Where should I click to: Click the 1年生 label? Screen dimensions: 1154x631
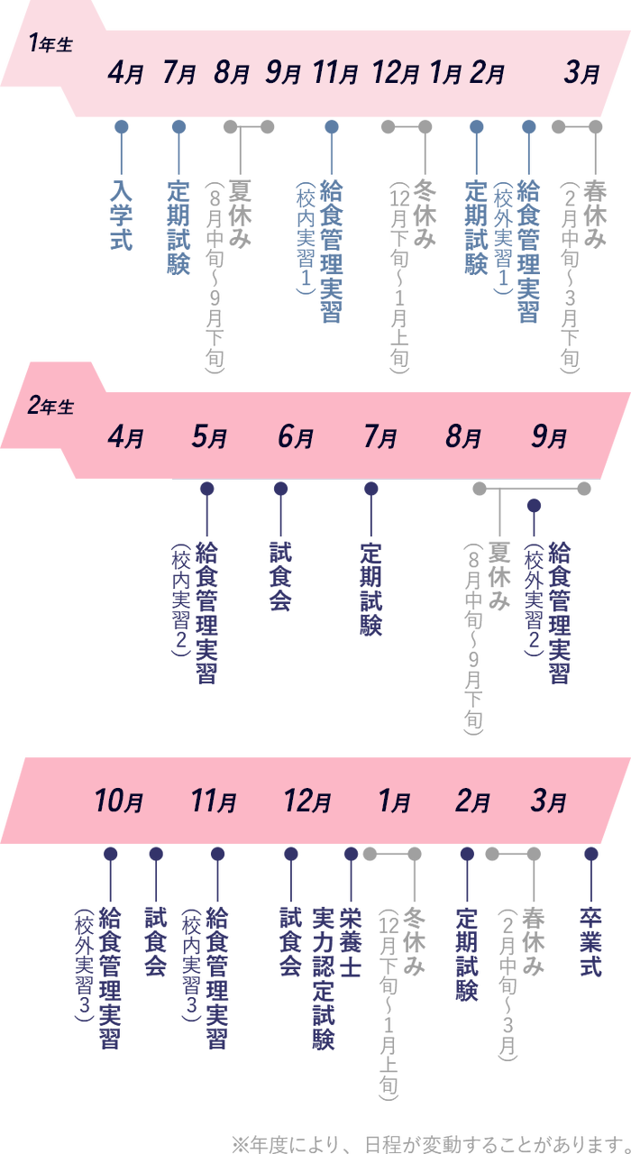50,44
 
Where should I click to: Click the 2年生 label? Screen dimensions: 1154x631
50,407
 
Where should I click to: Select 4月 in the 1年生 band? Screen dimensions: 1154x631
125,74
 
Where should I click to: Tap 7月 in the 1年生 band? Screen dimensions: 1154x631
179,74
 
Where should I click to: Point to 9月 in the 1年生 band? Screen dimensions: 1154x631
283,74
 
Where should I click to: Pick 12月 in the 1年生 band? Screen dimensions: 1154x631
397,74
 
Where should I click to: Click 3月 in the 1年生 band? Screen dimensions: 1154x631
581,74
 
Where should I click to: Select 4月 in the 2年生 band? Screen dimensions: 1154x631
125,438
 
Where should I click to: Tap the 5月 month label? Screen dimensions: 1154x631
209,438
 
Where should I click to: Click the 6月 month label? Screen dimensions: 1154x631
296,438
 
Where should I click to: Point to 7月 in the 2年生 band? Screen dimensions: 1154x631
380,438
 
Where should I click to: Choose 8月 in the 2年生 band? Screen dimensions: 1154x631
463,438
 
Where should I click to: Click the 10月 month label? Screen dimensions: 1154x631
119,801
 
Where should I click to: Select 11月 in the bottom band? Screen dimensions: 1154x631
214,801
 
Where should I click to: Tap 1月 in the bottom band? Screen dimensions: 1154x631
393,801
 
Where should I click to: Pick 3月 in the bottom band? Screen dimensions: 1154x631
549,801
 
